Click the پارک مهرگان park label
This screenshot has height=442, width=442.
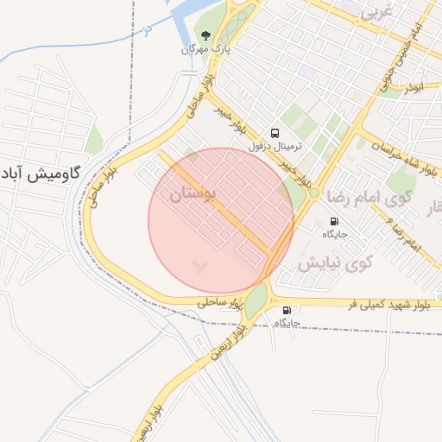coord(205,49)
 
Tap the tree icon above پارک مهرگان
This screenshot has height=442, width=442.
coord(205,35)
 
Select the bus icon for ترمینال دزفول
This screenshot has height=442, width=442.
coord(275,133)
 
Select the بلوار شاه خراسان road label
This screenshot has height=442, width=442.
coord(402,156)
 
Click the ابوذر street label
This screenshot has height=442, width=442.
coord(416,86)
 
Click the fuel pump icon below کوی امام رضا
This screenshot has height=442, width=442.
coord(333,221)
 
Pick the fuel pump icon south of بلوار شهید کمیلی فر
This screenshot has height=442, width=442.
coord(287,310)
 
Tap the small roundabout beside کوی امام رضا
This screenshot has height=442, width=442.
coord(314,193)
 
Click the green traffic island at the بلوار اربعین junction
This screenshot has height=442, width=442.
coord(256,298)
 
